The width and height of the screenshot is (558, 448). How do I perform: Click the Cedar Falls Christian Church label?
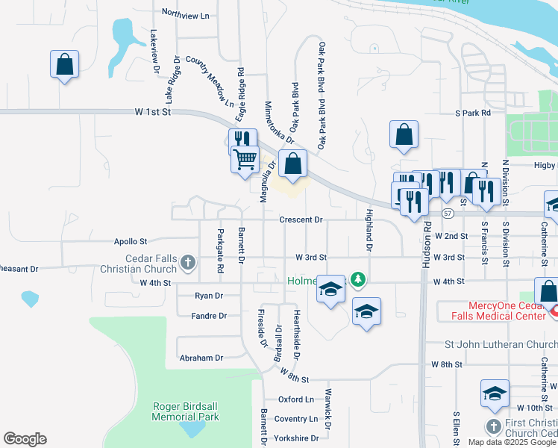point(151,263)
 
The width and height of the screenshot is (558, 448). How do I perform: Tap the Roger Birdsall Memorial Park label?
point(186,411)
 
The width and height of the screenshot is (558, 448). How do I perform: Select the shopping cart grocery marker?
point(245,160)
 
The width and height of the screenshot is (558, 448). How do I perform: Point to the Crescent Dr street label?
point(301,220)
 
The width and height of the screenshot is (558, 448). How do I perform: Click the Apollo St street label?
point(131,242)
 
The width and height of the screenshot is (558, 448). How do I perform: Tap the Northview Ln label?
point(186,15)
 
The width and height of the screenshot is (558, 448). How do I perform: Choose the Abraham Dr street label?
point(201,358)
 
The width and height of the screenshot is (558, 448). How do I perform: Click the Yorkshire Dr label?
point(296,438)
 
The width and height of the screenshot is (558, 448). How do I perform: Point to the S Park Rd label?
point(473,113)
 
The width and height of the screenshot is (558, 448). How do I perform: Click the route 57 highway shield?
point(447,214)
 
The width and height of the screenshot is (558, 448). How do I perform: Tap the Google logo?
point(25,439)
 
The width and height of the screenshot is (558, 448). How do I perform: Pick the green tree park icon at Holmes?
point(359,280)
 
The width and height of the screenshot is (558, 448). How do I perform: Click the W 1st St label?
point(154,111)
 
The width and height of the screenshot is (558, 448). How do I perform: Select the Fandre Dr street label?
point(209,316)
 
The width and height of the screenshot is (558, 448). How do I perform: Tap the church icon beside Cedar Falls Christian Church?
point(188,262)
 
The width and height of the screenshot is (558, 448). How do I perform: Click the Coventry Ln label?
point(296,419)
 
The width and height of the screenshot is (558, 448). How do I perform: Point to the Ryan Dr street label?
point(209,296)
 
